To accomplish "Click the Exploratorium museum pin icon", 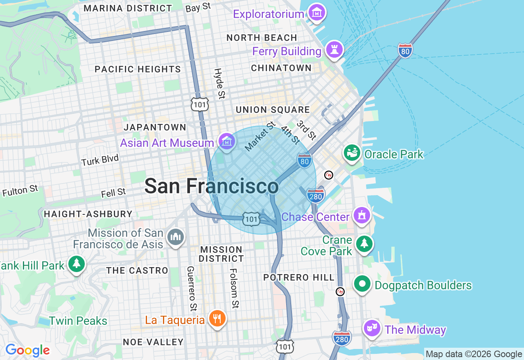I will coord(317,13).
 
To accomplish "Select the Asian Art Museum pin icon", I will coord(227,142).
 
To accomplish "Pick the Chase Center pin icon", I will coord(361,215).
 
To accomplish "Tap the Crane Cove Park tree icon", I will coord(364,244).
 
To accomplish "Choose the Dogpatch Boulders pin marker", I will coord(362,283).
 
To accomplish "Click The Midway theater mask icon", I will coord(372,328).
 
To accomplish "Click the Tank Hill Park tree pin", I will coord(76,264).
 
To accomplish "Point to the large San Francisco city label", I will coord(211,186).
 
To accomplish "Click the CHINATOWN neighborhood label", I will coord(281,68).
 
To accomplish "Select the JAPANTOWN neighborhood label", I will coord(155,127).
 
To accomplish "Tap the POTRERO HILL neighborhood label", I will coord(299,277).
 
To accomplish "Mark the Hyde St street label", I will coord(219,83).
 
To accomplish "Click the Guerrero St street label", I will coord(191,288).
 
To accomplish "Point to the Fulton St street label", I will coord(20,191).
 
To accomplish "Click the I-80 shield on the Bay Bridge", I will coord(405,51).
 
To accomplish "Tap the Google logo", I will coord(27,350).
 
